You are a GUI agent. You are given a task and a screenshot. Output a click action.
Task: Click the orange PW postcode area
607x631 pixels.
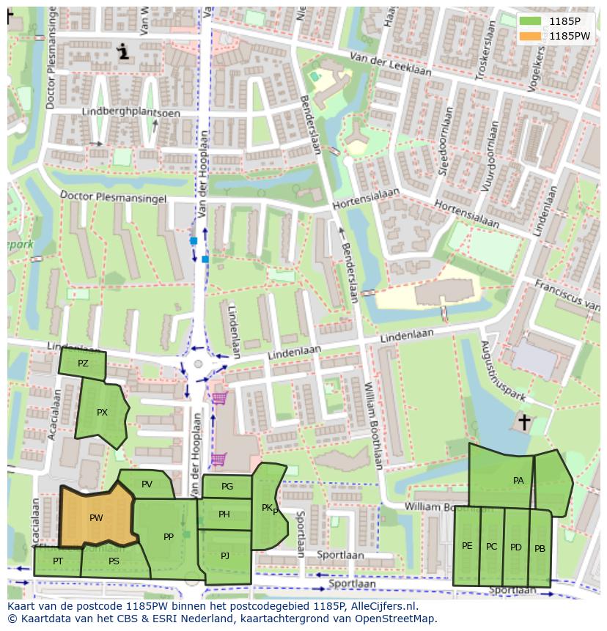pyautogui.click(x=95, y=517)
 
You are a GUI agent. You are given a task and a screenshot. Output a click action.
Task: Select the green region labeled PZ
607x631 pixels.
pyautogui.click(x=83, y=364)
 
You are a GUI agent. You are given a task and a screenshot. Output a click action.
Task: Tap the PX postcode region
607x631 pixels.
pyautogui.click(x=101, y=413)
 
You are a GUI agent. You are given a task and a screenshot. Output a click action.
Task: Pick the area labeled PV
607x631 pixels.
pyautogui.click(x=147, y=484)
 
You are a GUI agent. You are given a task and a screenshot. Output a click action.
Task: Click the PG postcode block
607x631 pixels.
pyautogui.click(x=227, y=487)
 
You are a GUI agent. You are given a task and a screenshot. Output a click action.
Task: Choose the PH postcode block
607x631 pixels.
pyautogui.click(x=224, y=514)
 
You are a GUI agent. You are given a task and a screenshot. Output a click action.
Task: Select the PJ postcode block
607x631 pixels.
pyautogui.click(x=225, y=556)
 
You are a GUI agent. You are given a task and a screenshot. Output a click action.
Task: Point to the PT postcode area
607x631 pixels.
pyautogui.click(x=57, y=561)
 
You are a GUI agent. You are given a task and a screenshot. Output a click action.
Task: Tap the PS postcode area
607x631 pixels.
pyautogui.click(x=114, y=561)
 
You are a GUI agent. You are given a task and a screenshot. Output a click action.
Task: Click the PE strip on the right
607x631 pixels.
pyautogui.click(x=467, y=546)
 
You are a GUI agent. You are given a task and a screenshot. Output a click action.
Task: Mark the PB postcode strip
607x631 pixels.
pyautogui.click(x=540, y=548)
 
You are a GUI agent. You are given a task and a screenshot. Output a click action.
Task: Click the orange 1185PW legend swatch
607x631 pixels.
pyautogui.click(x=533, y=35)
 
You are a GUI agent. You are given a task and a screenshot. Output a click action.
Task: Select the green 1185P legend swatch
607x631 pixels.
pyautogui.click(x=533, y=21)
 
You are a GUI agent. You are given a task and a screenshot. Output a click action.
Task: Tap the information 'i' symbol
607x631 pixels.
pyautogui.click(x=123, y=51)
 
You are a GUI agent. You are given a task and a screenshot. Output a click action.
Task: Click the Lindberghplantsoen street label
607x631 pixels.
pyautogui.click(x=119, y=112)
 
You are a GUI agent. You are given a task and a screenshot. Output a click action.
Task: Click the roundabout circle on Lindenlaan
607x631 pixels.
pyautogui.click(x=198, y=364)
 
